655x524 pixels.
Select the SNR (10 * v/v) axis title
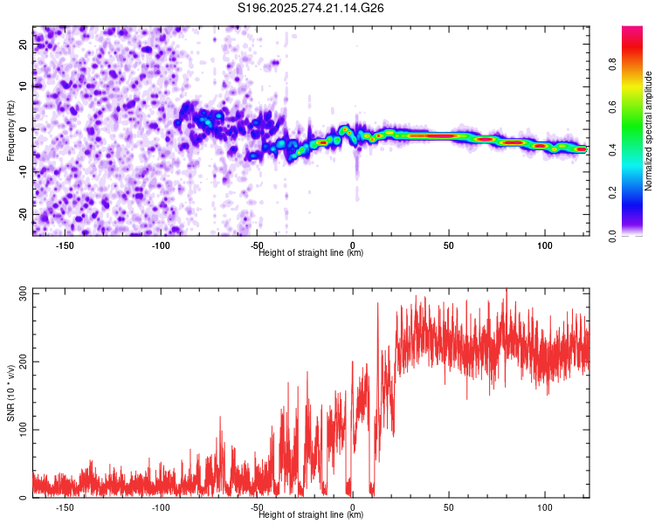[10, 393]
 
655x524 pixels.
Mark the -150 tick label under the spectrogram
[65, 245]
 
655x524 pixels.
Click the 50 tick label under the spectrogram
[448, 245]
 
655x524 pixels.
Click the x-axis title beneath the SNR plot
[312, 515]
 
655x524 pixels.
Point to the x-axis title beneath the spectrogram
[312, 253]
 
